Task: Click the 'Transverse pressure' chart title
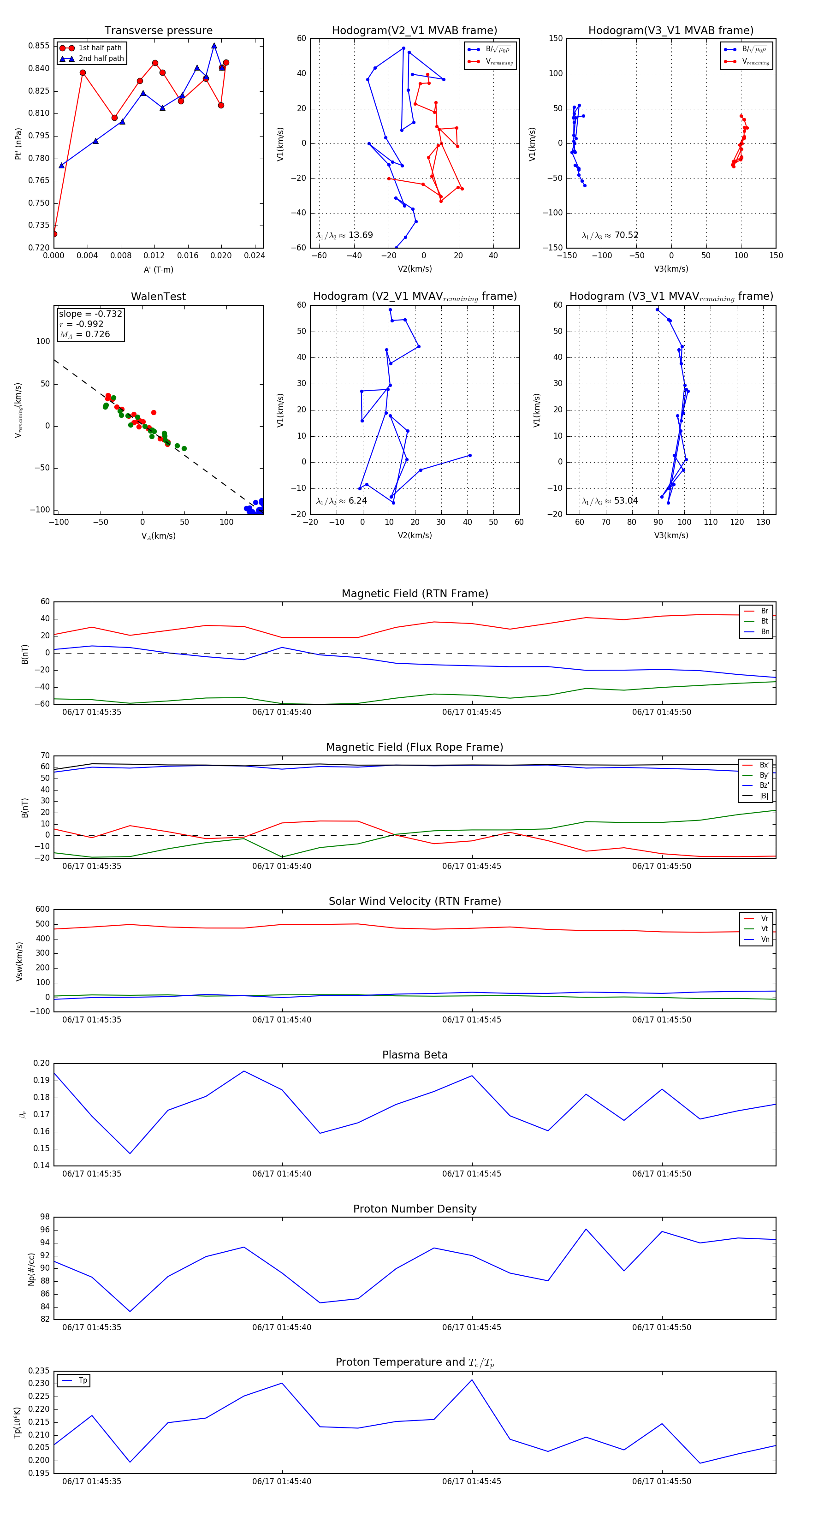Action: click(158, 31)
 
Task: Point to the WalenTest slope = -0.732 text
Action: click(90, 314)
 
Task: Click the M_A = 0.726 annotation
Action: click(84, 334)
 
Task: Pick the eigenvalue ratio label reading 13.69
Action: click(344, 235)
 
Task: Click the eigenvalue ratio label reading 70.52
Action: click(610, 235)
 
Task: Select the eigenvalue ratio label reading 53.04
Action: click(610, 501)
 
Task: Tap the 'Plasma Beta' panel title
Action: click(415, 1055)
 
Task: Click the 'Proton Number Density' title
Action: click(415, 1209)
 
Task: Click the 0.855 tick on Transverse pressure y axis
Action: click(39, 46)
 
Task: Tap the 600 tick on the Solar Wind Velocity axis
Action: click(42, 910)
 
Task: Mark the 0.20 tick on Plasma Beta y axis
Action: click(41, 1064)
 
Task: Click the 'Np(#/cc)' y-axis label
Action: click(32, 1269)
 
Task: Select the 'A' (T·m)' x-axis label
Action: click(158, 269)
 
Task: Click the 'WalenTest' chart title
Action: click(158, 297)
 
